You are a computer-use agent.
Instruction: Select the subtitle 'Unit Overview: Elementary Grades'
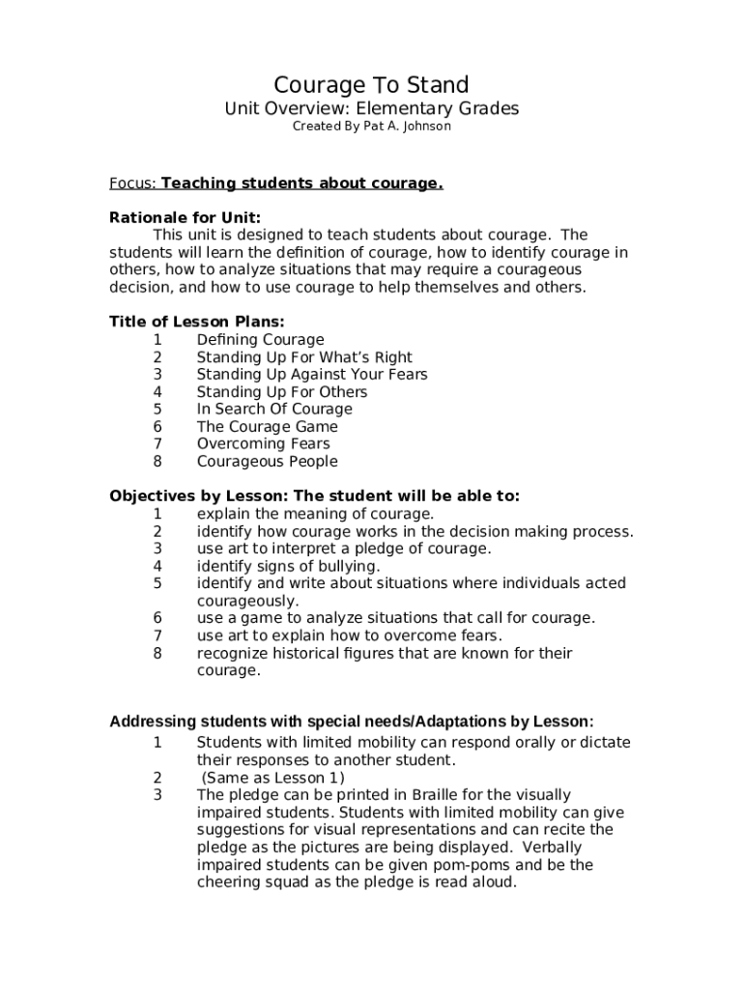click(x=372, y=108)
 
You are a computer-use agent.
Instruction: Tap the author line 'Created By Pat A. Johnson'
click(x=372, y=127)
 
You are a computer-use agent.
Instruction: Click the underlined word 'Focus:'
click(x=132, y=184)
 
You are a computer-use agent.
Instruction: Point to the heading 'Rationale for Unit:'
click(x=185, y=217)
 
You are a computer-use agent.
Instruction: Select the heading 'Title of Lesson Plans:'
click(x=197, y=322)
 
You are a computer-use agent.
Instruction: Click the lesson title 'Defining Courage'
click(x=260, y=340)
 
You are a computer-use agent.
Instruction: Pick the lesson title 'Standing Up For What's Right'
click(x=304, y=357)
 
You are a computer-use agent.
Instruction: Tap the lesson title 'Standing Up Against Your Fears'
click(x=312, y=375)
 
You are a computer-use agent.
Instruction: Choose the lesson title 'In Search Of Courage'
click(x=274, y=410)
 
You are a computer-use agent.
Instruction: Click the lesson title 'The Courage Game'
click(x=268, y=427)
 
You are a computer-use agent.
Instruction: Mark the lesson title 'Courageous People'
click(x=268, y=462)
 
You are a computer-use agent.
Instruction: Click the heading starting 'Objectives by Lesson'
click(x=314, y=496)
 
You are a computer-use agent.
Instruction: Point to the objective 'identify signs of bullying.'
click(x=289, y=566)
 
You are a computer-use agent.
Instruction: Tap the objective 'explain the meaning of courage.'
click(x=316, y=514)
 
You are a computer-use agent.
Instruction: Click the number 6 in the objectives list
click(x=157, y=618)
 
